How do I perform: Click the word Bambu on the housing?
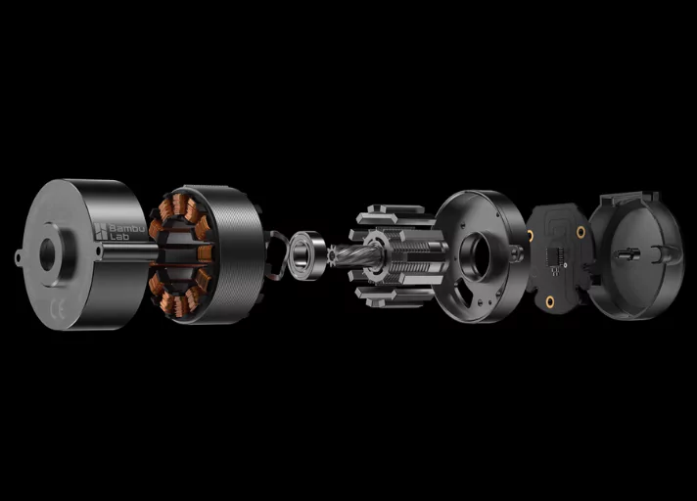[x=127, y=228]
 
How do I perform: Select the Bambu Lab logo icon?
[x=101, y=231]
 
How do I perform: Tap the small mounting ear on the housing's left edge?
[x=19, y=257]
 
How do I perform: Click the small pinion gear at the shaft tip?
[x=333, y=256]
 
